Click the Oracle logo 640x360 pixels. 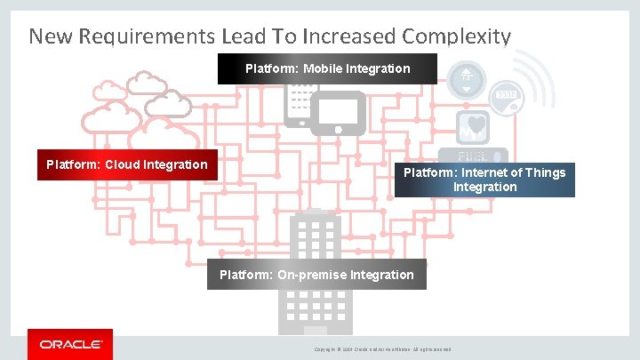(x=70, y=343)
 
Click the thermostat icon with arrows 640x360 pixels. (x=466, y=82)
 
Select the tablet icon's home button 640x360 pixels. (x=338, y=130)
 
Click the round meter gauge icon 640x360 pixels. (x=507, y=96)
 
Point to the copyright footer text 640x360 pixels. (x=383, y=349)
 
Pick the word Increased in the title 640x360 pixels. (x=349, y=36)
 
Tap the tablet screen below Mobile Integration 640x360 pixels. (x=337, y=109)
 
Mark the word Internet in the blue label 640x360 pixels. (x=484, y=172)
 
